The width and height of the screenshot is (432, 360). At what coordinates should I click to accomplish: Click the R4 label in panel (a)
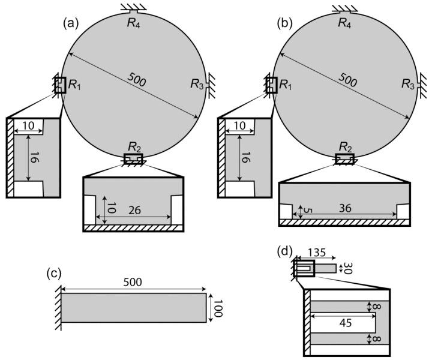(133, 23)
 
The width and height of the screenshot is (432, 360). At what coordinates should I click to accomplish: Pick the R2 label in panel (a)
(133, 147)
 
